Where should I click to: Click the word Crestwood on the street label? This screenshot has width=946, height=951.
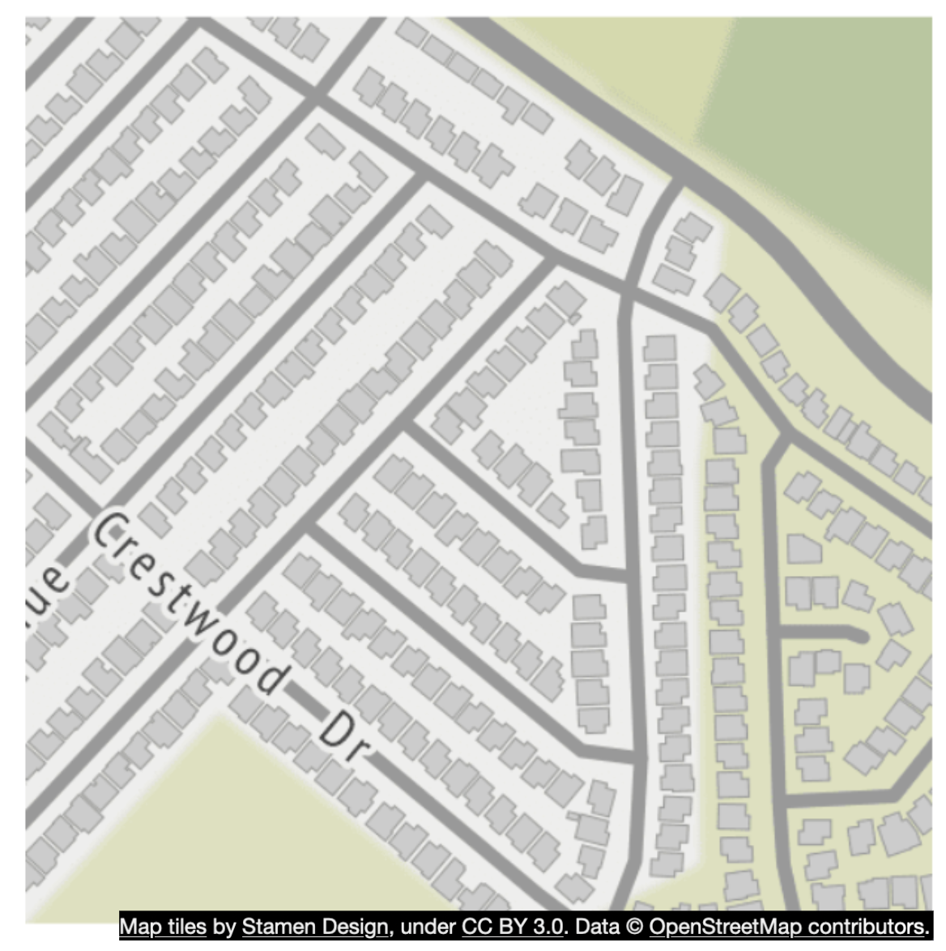[x=190, y=604]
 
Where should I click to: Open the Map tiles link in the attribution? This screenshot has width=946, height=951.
[x=163, y=926]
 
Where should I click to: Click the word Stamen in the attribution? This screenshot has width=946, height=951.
[x=274, y=926]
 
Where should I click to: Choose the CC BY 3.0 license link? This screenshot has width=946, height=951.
[x=512, y=926]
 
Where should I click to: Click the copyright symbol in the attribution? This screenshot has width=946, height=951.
[x=636, y=926]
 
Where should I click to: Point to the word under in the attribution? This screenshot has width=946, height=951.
[x=428, y=926]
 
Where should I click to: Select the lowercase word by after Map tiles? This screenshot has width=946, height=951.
[x=224, y=926]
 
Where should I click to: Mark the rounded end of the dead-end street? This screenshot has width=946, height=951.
[x=862, y=635]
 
